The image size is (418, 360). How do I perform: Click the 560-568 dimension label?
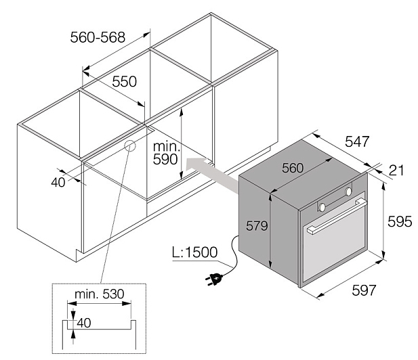[x=98, y=37]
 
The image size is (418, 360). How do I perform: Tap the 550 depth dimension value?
[x=124, y=81]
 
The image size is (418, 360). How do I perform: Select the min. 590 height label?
[x=166, y=153]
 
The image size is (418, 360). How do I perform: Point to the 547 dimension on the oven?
[x=357, y=141]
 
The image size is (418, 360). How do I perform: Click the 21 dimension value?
[x=396, y=171]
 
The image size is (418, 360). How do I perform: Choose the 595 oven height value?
[x=400, y=221]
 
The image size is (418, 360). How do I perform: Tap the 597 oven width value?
[x=364, y=290]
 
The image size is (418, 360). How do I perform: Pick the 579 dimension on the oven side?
[x=257, y=226]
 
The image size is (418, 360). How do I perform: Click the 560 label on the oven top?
[x=293, y=168]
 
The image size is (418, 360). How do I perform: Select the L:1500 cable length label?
[x=195, y=252]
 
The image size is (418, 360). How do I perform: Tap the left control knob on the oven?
[x=322, y=206]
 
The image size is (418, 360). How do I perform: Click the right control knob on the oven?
[x=348, y=192]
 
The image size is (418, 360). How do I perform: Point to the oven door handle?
[x=337, y=217]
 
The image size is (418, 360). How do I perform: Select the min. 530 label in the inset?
[x=100, y=294]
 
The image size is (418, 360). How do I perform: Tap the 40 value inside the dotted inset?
[x=84, y=323]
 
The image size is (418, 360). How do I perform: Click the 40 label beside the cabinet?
[x=58, y=183]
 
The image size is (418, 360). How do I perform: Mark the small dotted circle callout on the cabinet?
[x=130, y=145]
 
